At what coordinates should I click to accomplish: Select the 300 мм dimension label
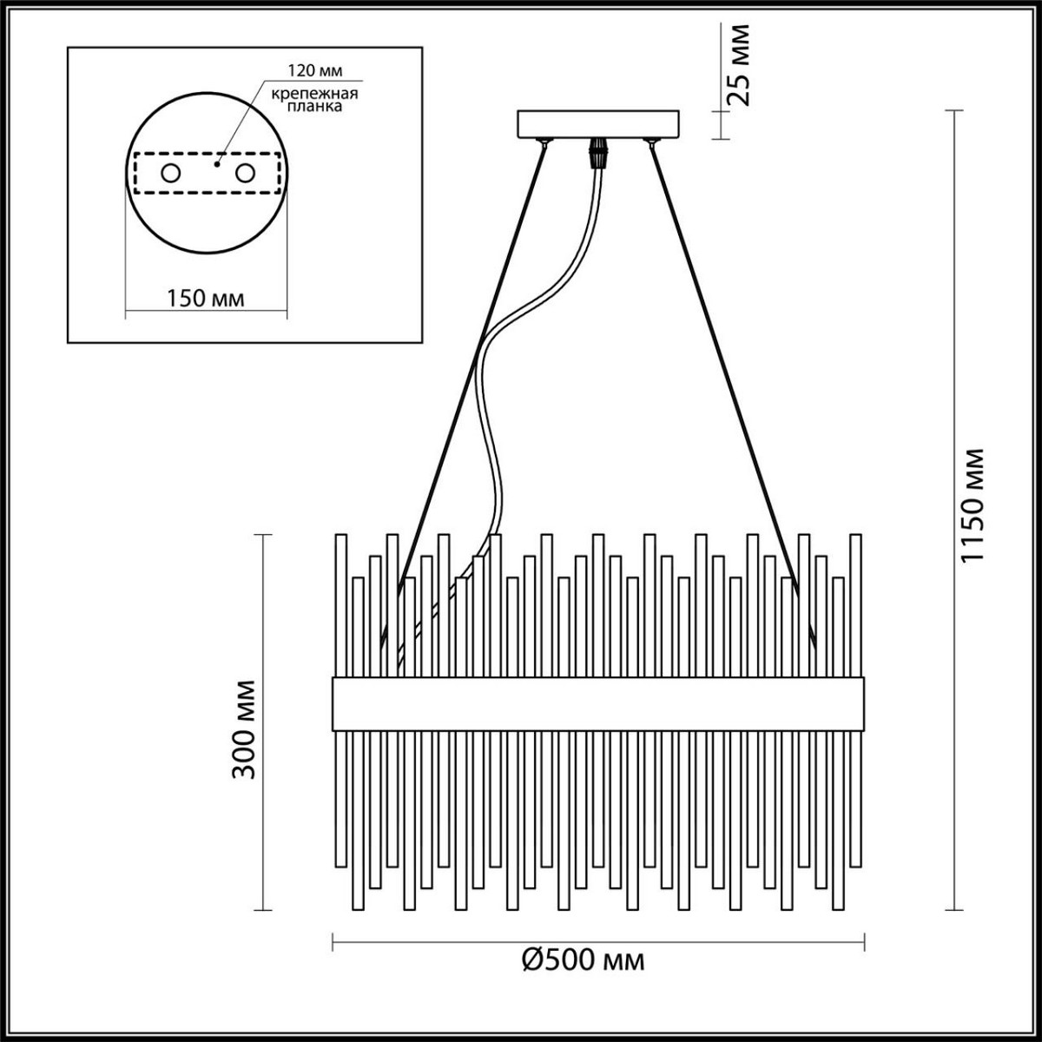[x=245, y=728]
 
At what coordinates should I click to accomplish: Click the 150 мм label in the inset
[x=205, y=299]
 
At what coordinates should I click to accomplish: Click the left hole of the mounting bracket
[x=168, y=174]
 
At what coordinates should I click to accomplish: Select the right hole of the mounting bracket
[x=244, y=174]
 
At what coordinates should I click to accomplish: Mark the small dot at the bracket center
[x=217, y=162]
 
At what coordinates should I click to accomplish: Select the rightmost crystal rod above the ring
[x=855, y=603]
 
